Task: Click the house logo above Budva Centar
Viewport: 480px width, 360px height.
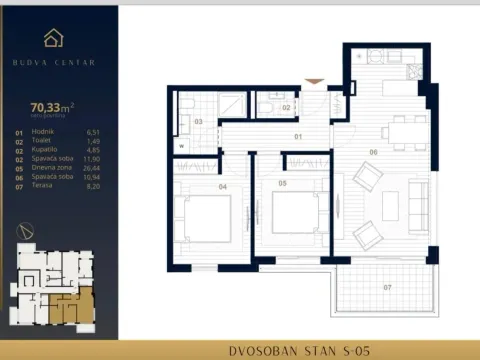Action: point(54,39)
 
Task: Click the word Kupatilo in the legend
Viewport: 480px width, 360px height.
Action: point(45,150)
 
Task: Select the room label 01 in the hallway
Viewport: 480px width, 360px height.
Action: point(297,134)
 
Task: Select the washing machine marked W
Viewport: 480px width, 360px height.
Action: point(182,145)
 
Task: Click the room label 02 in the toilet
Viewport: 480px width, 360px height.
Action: point(285,106)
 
